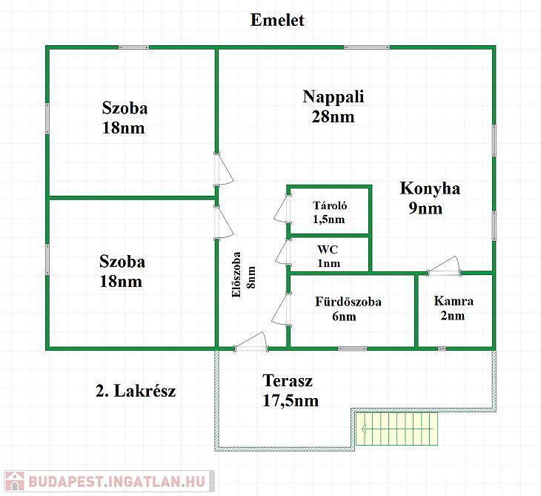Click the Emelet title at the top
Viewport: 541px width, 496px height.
277,20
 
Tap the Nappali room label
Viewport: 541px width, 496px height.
333,97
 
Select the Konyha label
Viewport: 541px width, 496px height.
430,188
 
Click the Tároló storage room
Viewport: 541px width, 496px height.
330,212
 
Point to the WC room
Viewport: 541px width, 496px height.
330,256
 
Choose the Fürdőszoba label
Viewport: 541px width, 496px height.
348,302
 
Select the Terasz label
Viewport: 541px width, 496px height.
288,381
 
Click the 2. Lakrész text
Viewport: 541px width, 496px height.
136,391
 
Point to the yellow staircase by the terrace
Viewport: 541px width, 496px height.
396,429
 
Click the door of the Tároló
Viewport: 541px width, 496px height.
282,210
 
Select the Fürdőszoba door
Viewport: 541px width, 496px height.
281,310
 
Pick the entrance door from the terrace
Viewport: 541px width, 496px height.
250,342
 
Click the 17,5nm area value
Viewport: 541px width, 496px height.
291,401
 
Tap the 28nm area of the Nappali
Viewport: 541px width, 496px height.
333,116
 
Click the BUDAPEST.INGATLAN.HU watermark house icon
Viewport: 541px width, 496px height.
14,481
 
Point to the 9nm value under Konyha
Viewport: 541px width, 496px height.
425,208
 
